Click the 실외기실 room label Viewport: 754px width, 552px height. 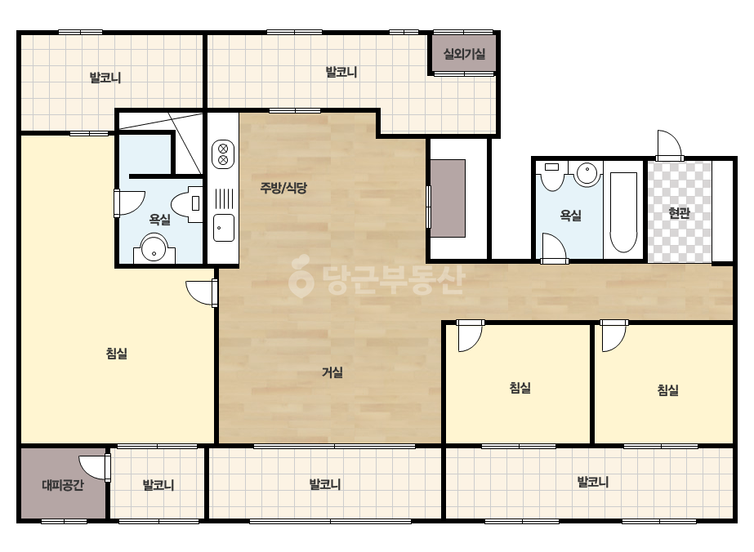tap(464, 54)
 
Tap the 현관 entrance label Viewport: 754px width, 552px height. tap(679, 213)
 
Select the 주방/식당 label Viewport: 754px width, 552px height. tap(283, 188)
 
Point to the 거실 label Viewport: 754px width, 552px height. tap(332, 372)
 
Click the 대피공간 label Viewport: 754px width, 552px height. tap(63, 485)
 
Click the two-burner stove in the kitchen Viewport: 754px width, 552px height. tap(223, 154)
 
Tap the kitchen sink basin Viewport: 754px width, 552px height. tap(224, 228)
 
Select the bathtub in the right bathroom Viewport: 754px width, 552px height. tap(623, 212)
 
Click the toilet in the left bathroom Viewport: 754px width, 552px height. tap(188, 204)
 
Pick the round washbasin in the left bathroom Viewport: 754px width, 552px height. tap(154, 247)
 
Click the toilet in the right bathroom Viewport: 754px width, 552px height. tap(552, 176)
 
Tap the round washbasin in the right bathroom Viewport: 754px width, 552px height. tap(587, 174)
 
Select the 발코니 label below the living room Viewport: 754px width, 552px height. tap(325, 484)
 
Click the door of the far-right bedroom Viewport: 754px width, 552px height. tap(613, 336)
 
